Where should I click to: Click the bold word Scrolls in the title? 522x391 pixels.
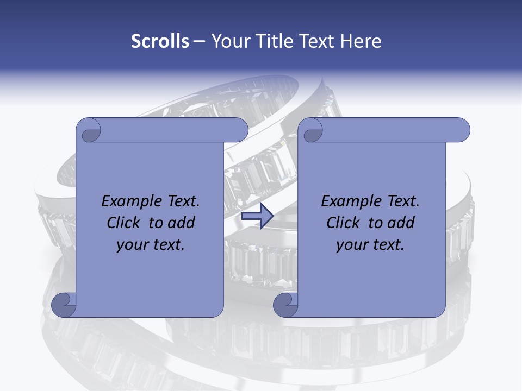pyautogui.click(x=160, y=41)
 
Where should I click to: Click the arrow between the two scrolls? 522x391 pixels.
pyautogui.click(x=257, y=217)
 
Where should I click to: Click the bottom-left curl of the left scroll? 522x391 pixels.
pyautogui.click(x=64, y=305)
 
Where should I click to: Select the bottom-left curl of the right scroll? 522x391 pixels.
pyautogui.click(x=285, y=305)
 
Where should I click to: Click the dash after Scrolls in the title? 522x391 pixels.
pyautogui.click(x=199, y=41)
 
